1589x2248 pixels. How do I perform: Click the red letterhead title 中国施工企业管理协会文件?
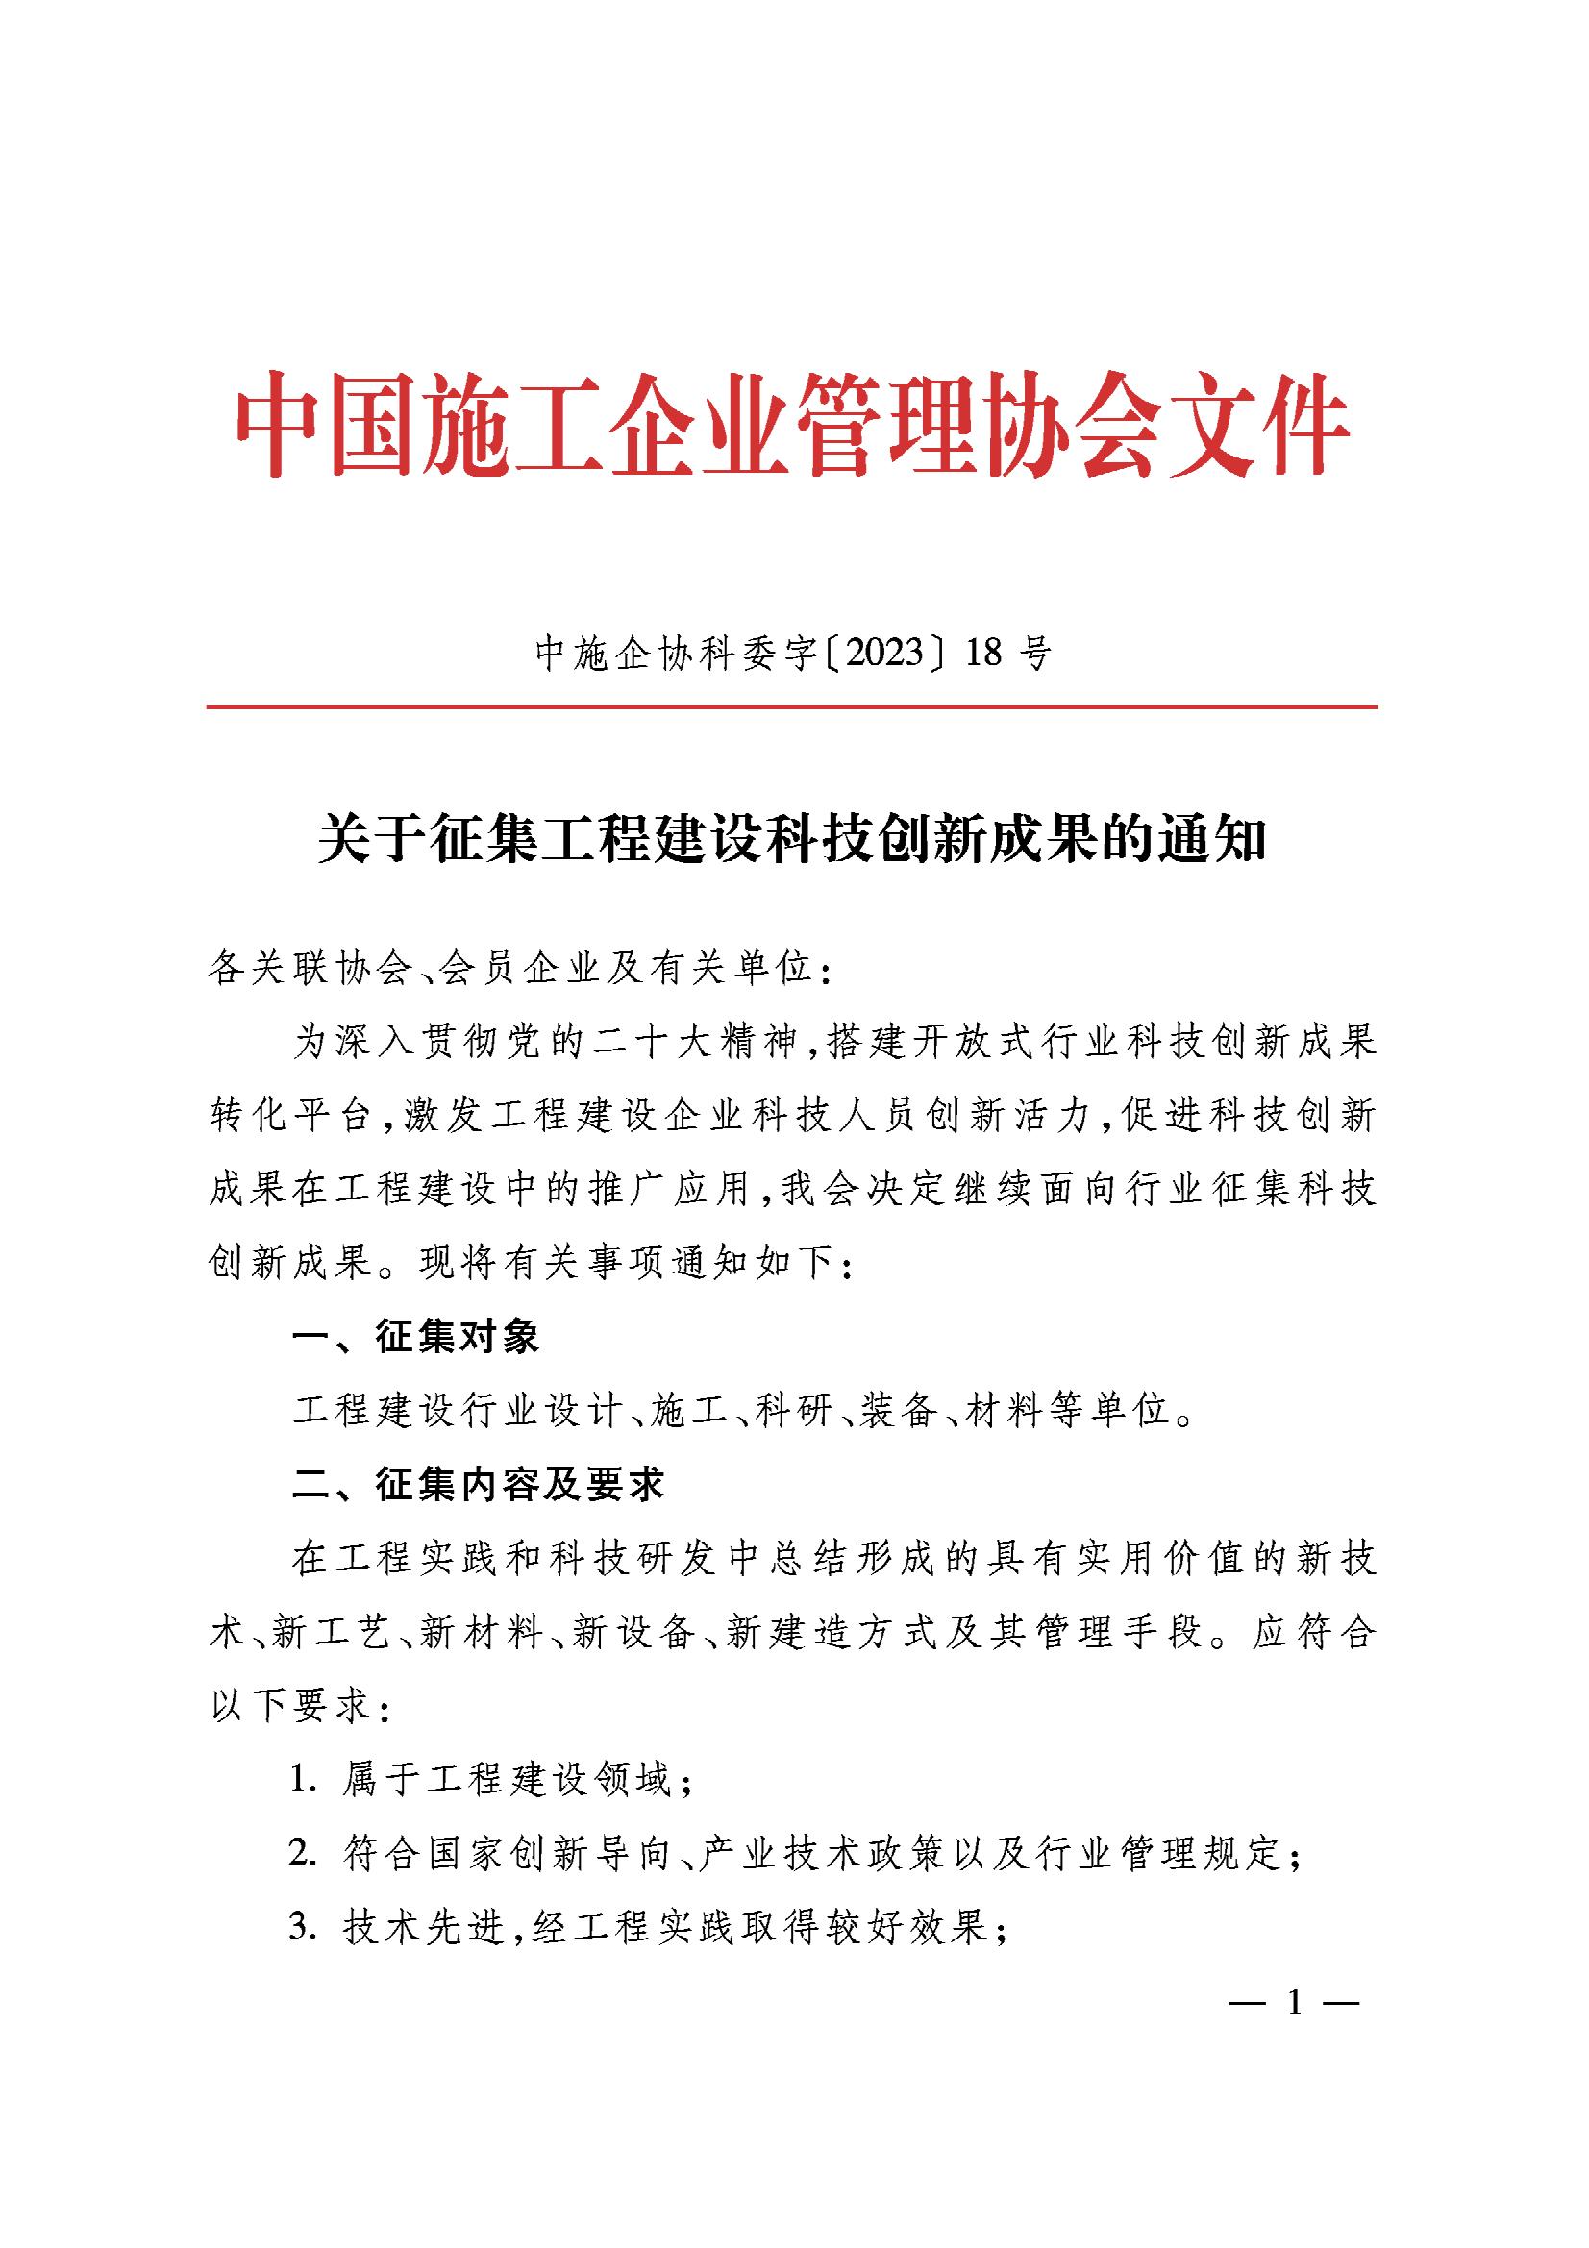(793, 425)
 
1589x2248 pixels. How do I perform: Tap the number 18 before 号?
(983, 652)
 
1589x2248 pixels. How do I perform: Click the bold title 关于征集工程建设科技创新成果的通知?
(793, 840)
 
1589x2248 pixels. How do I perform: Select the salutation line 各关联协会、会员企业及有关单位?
(520, 969)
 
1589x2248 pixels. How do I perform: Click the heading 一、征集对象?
(416, 1338)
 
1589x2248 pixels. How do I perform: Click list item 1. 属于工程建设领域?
(491, 1781)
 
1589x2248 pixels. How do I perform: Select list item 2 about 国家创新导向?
(795, 1854)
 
